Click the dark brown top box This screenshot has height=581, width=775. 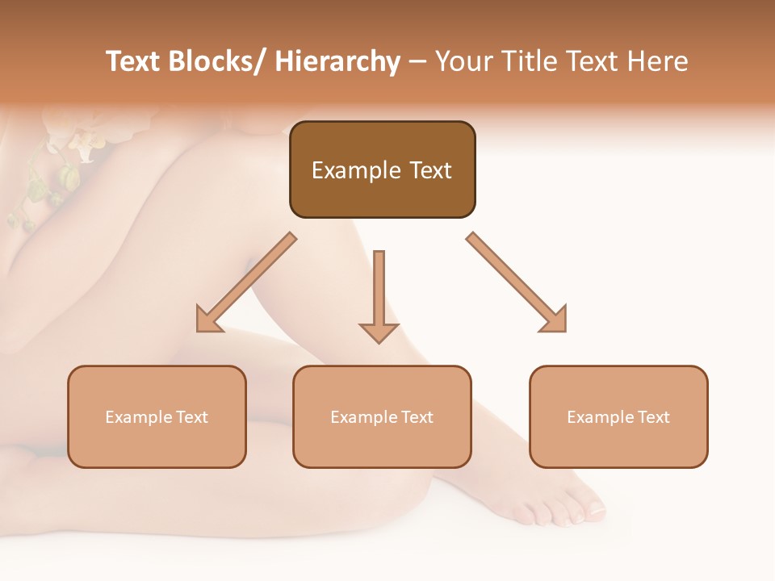(382, 169)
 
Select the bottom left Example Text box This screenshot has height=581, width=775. (157, 416)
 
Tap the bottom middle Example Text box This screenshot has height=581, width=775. (382, 416)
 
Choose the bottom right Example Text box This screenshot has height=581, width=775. (618, 416)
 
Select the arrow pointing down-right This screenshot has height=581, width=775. (517, 282)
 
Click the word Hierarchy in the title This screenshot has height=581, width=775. (337, 62)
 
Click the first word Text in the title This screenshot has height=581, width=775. (134, 62)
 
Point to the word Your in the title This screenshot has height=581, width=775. (464, 62)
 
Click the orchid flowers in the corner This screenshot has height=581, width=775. (69, 145)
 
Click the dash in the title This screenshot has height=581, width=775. (417, 62)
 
